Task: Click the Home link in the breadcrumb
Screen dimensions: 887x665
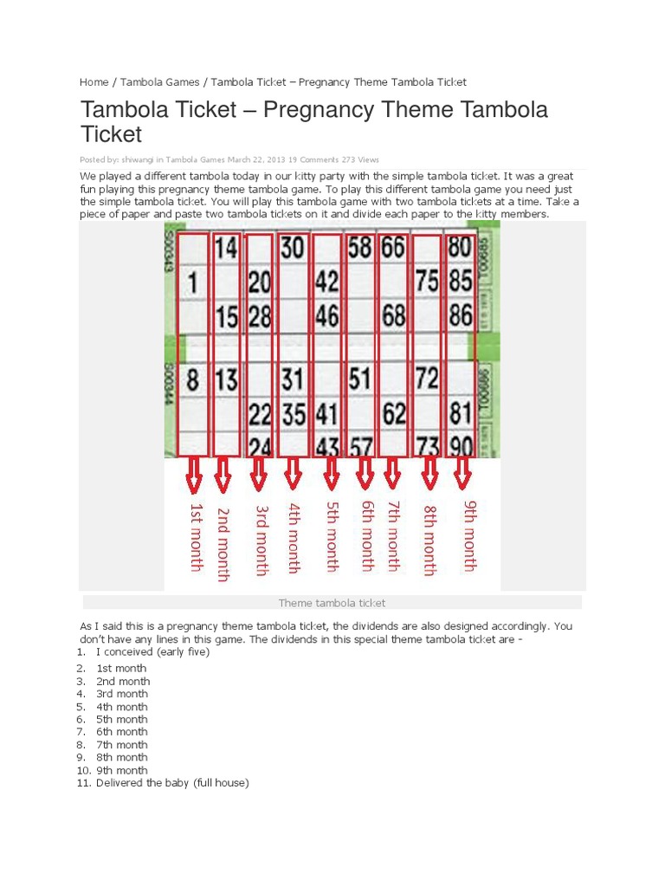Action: pos(94,82)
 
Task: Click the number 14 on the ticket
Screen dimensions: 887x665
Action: pos(226,249)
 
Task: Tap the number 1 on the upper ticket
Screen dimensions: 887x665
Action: pos(192,282)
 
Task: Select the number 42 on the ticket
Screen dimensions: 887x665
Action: pos(326,282)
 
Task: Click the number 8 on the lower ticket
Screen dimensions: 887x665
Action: pos(192,379)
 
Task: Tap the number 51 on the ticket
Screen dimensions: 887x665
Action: pos(360,379)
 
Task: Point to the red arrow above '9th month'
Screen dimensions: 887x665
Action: pos(462,473)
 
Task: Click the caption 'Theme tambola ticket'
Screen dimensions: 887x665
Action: pos(332,603)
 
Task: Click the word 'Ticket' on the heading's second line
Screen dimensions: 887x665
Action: pos(111,134)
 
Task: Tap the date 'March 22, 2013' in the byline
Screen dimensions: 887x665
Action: pos(256,159)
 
